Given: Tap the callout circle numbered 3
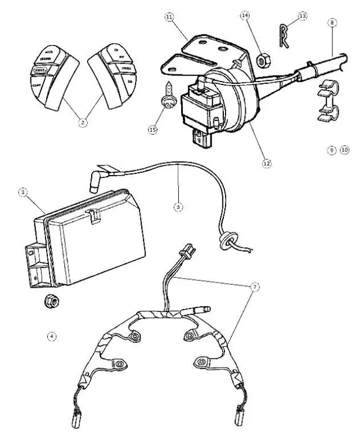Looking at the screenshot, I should [x=22, y=193].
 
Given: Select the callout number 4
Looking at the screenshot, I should [x=52, y=337].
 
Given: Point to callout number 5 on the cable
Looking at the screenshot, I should [x=178, y=207].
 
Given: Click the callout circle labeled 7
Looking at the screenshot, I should [x=255, y=287].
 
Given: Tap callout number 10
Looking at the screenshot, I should [x=344, y=150].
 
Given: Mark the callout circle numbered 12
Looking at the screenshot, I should [x=266, y=163].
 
